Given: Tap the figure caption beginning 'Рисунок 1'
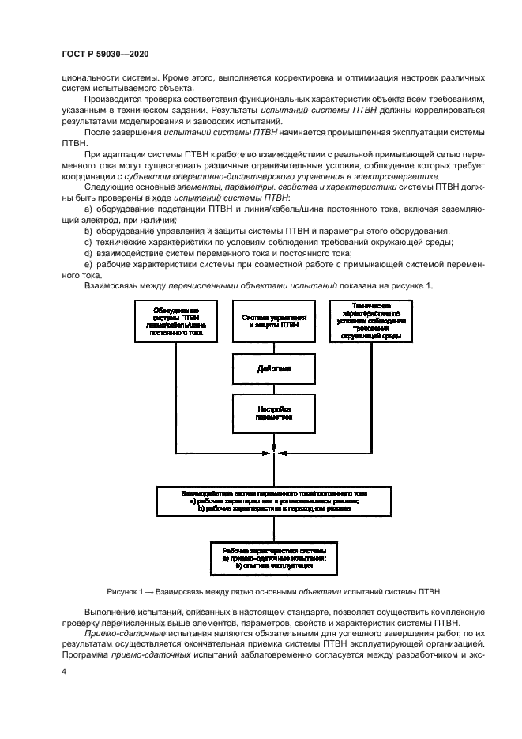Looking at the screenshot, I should coord(272,590).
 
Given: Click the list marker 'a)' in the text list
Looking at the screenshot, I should coord(88,207).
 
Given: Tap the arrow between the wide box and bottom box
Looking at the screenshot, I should coord(271,528).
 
